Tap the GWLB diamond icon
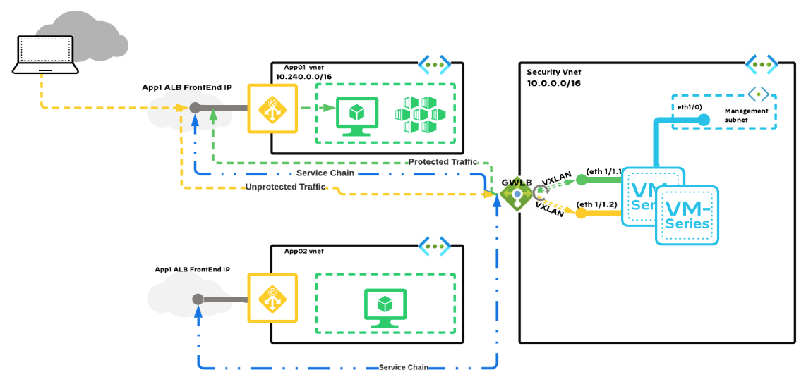pos(517,192)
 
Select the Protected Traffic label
pos(443,162)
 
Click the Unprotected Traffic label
pos(286,187)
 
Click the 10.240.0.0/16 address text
pos(303,76)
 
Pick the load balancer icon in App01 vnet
pos(272,109)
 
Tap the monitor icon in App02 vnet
pos(385,307)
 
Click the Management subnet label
pos(746,116)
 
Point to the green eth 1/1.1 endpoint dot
pos(582,180)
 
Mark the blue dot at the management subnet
pos(704,120)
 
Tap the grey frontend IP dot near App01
pos(196,108)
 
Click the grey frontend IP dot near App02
pos(198,299)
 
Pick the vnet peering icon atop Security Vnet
pos(762,65)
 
